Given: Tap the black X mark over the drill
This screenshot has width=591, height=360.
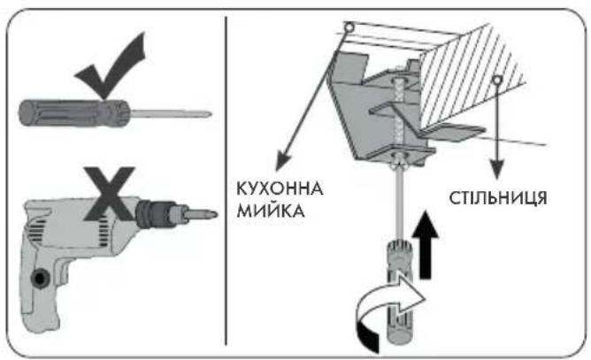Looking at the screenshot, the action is tap(110, 193).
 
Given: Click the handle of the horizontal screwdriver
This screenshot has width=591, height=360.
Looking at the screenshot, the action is tap(74, 112).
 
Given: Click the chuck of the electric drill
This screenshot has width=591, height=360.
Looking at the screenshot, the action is tap(156, 214).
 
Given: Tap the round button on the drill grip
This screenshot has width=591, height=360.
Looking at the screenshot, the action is tap(40, 279).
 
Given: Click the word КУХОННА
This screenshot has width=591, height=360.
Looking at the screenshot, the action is tap(280, 188).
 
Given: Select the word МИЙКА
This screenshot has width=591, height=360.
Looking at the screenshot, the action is tap(270, 211).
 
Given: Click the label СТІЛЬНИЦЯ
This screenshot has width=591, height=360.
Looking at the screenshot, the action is tap(497, 198).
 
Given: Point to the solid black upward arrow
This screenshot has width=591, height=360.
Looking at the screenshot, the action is tap(426, 245).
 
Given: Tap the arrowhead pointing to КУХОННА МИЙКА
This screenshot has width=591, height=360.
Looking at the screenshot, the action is tap(283, 158).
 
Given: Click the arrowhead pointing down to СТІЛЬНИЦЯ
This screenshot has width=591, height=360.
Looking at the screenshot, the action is tap(497, 169).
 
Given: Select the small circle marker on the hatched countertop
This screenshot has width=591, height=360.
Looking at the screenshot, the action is tap(497, 80).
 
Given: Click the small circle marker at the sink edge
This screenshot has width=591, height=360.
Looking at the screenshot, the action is tap(349, 27).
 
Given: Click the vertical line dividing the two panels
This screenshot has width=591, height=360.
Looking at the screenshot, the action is tap(226, 180).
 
